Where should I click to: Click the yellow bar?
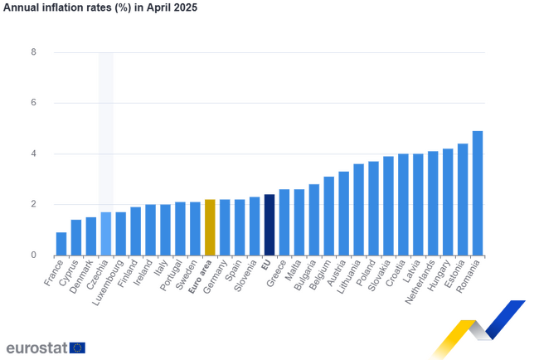pyautogui.click(x=209, y=226)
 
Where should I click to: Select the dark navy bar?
pyautogui.click(x=269, y=224)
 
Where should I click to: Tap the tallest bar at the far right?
pyautogui.click(x=478, y=192)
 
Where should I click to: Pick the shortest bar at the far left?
pyautogui.click(x=61, y=242)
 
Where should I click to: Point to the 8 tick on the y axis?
pyautogui.click(x=34, y=52)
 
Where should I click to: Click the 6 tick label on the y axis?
pyautogui.click(x=34, y=103)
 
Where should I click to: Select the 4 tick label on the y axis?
pyautogui.click(x=34, y=153)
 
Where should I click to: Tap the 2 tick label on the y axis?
pyautogui.click(x=34, y=204)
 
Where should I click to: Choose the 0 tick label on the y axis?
pyautogui.click(x=34, y=255)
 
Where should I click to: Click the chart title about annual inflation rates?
pyautogui.click(x=100, y=7)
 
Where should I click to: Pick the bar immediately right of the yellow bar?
pyautogui.click(x=224, y=226)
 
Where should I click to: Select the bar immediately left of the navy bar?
pyautogui.click(x=254, y=225)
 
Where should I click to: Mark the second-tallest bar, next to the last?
pyautogui.click(x=463, y=198)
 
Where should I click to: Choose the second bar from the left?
pyautogui.click(x=75, y=236)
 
